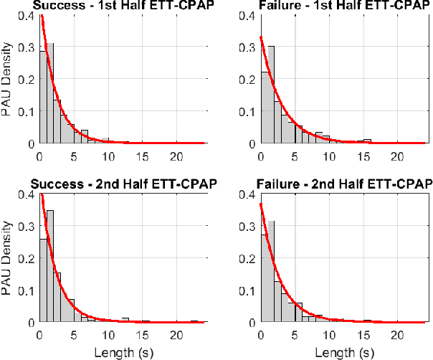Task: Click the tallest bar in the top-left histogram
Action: coord(49,93)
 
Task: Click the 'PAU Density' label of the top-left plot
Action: coord(6,79)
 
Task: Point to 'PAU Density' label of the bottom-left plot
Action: coord(6,258)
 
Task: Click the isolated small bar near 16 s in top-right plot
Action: coord(367,141)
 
